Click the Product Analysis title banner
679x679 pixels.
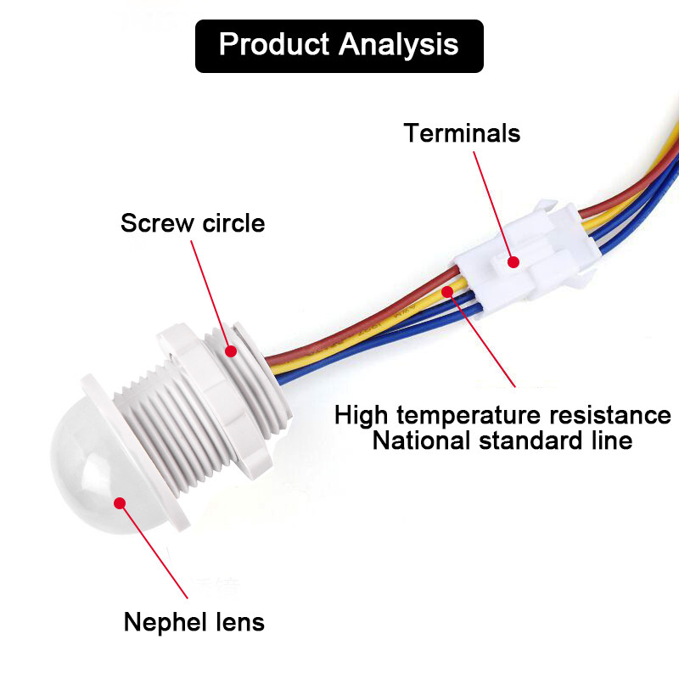[339, 45]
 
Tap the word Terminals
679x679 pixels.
[462, 133]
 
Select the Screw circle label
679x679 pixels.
[193, 223]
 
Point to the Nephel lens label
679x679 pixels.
[194, 622]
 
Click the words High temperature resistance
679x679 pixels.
[502, 415]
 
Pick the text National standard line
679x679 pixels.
[502, 441]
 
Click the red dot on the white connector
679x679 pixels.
[513, 262]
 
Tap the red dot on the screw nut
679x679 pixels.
[231, 350]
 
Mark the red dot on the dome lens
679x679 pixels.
[120, 502]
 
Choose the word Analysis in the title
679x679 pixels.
[399, 45]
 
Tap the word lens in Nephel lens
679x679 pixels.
[237, 622]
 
